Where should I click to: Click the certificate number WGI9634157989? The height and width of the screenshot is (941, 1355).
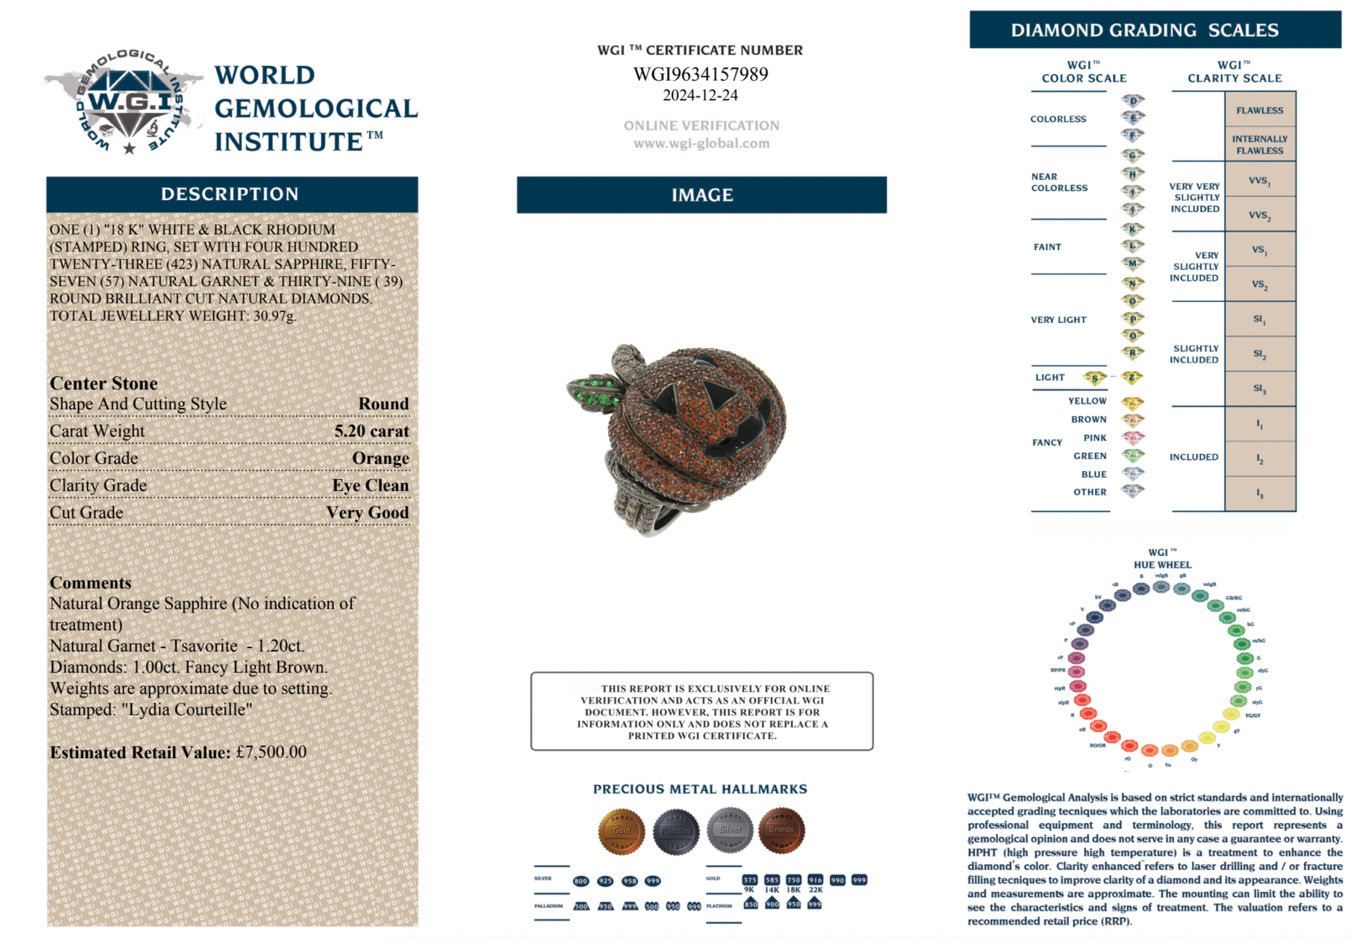point(700,74)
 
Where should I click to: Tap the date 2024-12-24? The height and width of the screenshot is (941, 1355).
point(700,95)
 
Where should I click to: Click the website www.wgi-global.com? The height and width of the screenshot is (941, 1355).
point(701,143)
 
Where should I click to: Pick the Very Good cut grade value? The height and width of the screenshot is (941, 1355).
point(367,512)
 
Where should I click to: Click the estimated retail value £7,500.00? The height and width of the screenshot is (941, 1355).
point(271,752)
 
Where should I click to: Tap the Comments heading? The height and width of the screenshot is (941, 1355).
point(90,583)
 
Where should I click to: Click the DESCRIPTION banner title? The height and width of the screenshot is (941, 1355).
point(230,194)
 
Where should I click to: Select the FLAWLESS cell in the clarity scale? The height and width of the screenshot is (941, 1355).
point(1259,110)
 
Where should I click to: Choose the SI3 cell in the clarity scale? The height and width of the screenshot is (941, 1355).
point(1259,388)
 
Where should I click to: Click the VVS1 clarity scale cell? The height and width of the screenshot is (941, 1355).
point(1259,180)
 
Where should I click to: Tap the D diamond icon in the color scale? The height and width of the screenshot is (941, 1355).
point(1132,100)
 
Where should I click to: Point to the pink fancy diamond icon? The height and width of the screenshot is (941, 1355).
point(1132,437)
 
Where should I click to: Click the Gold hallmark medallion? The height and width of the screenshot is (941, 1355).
point(621,831)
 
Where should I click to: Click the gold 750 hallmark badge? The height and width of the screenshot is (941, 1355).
point(793,880)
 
